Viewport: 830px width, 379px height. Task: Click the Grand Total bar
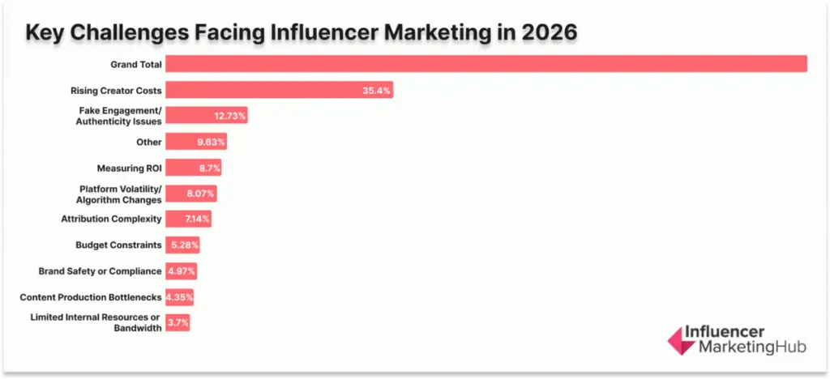486,64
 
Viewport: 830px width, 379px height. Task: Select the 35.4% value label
377,90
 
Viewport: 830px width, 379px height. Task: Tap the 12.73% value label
230,116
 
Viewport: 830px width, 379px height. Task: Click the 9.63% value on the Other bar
211,142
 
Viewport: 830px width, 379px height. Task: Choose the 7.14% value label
198,219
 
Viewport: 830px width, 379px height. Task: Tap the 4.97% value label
182,270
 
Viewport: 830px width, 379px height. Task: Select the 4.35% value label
179,297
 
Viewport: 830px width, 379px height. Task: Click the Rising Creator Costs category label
117,90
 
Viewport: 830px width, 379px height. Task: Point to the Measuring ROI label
130,168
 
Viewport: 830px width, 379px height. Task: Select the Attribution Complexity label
112,219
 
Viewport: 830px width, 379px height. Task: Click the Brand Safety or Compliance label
101,270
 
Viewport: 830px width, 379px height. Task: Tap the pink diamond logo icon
681,341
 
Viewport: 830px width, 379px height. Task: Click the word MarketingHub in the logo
742,349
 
